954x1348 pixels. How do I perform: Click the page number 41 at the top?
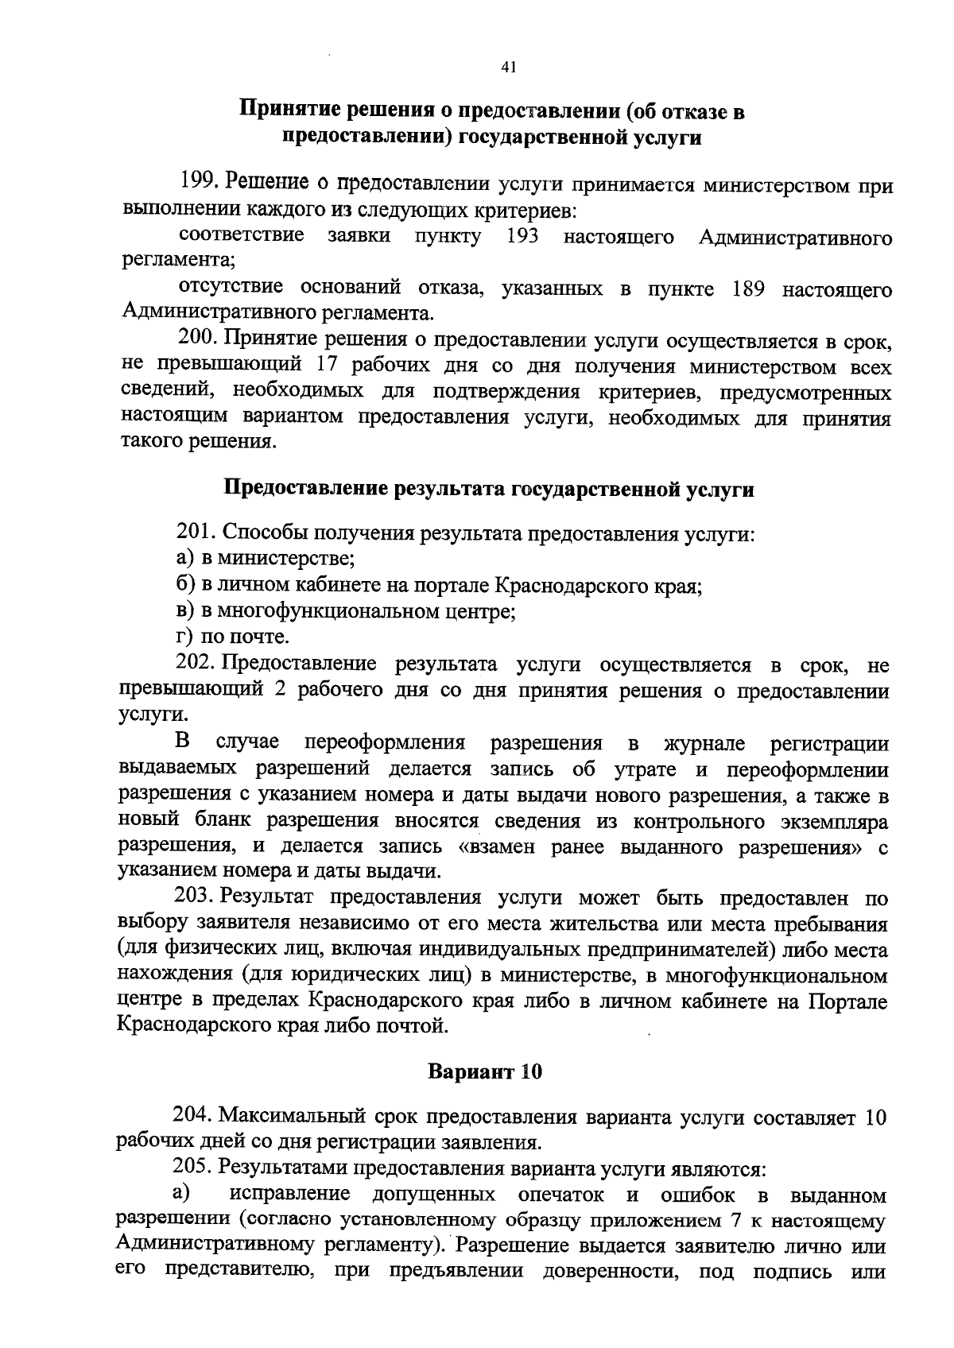point(510,68)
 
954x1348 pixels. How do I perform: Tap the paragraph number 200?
point(196,339)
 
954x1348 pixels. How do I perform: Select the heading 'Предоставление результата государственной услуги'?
point(489,489)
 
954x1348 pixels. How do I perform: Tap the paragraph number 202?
point(194,664)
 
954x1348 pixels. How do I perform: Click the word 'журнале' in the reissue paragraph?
point(704,743)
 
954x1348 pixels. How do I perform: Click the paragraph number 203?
point(194,898)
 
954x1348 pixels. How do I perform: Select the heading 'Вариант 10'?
point(485,1071)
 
